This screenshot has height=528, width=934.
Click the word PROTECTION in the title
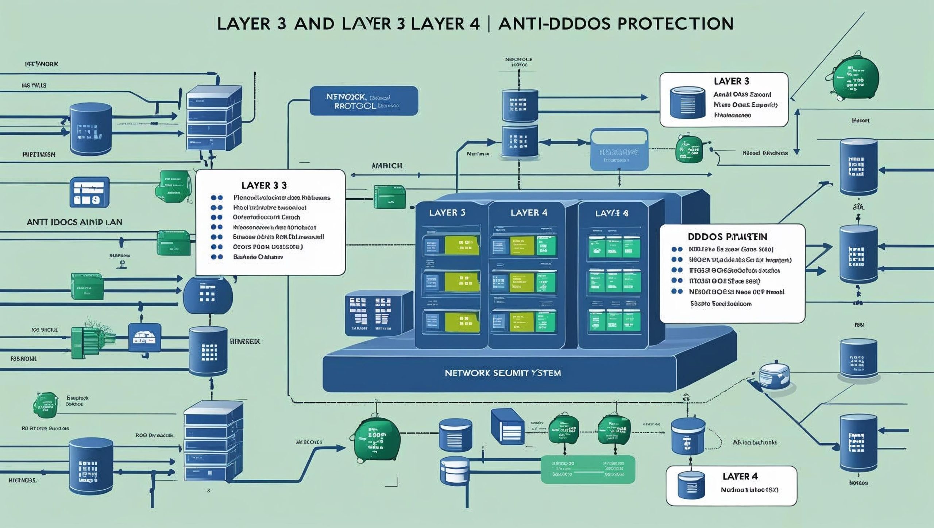tap(675, 24)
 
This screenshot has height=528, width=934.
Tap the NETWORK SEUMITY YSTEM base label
tap(503, 373)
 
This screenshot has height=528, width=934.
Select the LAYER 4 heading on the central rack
tap(529, 213)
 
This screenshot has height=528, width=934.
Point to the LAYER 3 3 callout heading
tap(264, 185)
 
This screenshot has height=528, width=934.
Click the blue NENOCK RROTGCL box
tap(364, 101)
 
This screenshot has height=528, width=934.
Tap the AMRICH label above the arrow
tap(387, 166)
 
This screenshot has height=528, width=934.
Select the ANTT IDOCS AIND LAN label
tap(74, 222)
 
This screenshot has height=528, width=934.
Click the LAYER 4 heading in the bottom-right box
tap(740, 476)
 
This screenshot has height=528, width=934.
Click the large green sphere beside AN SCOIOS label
tap(375, 437)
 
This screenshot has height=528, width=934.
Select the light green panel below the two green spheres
tap(587, 469)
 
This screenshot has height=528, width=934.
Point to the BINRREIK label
tap(245, 342)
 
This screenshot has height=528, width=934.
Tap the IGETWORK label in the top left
tap(41, 64)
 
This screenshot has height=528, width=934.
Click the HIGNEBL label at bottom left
tap(22, 480)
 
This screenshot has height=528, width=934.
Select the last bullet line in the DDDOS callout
tap(721, 304)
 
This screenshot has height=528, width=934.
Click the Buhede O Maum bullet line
tap(258, 257)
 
